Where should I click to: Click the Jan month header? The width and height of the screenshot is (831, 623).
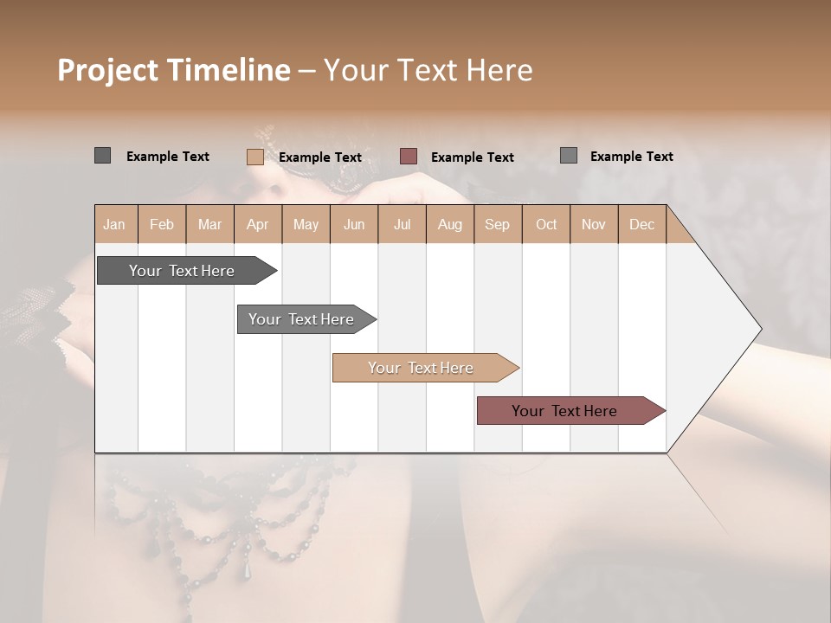(x=114, y=224)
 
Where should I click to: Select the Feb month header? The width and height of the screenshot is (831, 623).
(x=162, y=224)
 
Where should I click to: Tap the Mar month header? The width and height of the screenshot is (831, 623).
(x=209, y=224)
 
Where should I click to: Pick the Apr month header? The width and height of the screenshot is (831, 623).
(x=257, y=224)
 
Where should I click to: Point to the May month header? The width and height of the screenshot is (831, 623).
(x=306, y=224)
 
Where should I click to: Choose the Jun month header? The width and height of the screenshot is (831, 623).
(x=354, y=224)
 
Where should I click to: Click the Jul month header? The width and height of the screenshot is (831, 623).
(x=402, y=224)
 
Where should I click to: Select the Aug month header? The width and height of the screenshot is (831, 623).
(x=449, y=224)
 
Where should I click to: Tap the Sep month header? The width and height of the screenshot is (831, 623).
(x=497, y=224)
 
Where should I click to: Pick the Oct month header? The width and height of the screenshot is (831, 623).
(x=546, y=224)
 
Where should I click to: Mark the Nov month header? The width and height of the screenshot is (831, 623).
(x=594, y=224)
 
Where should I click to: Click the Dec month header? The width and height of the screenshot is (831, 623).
(x=641, y=224)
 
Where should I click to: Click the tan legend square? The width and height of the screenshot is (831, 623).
(x=254, y=157)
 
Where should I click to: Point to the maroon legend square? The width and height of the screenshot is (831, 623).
(x=409, y=156)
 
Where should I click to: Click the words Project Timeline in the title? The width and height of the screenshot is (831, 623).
(x=174, y=70)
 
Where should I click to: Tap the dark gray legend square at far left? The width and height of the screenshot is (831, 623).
(x=102, y=156)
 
